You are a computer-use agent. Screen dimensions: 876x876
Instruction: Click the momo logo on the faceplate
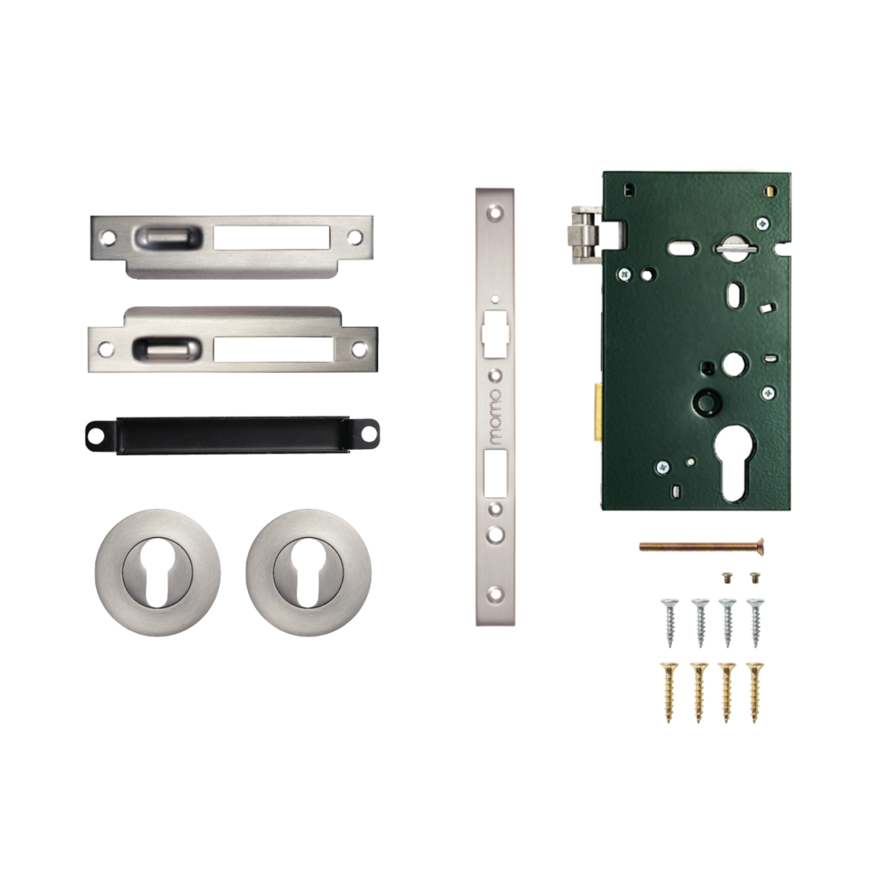495,417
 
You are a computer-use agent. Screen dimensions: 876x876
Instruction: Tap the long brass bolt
701,545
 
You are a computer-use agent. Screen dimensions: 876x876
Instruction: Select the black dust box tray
233,435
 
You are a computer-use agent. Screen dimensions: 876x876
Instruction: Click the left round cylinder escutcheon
157,572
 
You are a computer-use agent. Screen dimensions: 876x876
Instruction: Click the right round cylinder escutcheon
309,572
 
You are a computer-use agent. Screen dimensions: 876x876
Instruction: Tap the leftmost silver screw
670,622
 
